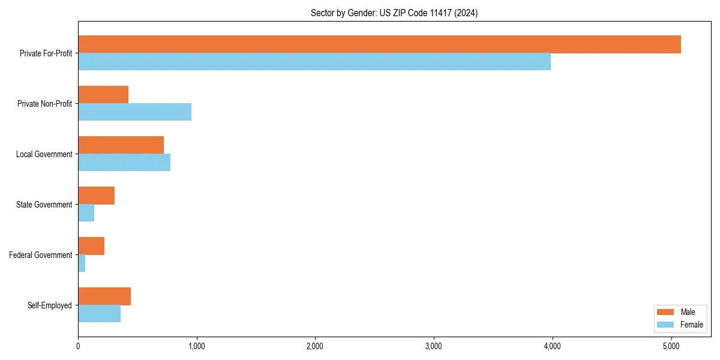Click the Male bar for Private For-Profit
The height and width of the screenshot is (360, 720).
tap(379, 44)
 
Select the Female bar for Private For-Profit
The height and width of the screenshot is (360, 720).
tap(314, 62)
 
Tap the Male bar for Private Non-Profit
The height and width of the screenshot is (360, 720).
tap(103, 95)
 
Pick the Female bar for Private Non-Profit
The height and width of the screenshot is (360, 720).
tap(134, 112)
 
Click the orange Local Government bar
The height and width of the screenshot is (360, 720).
tap(121, 145)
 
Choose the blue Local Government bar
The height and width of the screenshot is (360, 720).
tap(124, 163)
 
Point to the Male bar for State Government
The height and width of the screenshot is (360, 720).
tap(96, 196)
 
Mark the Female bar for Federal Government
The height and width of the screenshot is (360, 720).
tap(82, 263)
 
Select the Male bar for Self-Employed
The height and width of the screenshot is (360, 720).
tap(104, 296)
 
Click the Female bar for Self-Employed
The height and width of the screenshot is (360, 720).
tap(99, 314)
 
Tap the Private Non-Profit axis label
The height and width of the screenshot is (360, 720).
tap(44, 104)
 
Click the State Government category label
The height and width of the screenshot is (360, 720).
tap(44, 205)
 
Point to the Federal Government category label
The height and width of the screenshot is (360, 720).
tap(41, 255)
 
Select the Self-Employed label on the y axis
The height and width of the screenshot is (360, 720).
tap(50, 305)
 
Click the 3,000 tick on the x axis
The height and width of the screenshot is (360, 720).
tap(433, 346)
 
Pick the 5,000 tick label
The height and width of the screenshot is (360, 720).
tap(671, 346)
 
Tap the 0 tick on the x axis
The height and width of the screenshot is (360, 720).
tap(78, 346)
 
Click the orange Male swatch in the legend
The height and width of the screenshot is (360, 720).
tap(666, 312)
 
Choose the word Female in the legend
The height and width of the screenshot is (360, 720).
tap(692, 325)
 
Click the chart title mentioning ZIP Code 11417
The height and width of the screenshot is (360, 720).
tap(394, 13)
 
